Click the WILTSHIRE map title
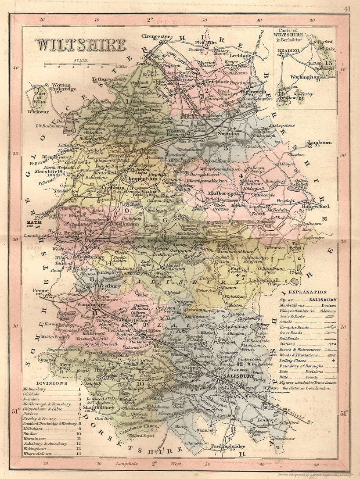tap(80, 45)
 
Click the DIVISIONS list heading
tap(51, 382)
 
